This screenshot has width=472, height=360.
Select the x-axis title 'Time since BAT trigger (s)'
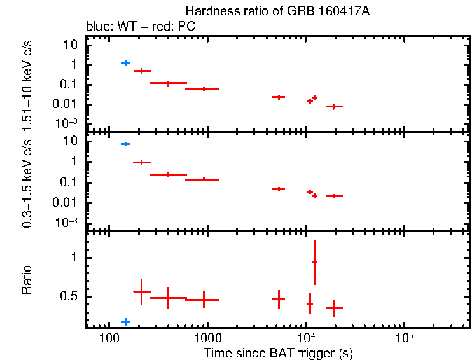278,352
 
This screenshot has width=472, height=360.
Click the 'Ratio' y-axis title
27,280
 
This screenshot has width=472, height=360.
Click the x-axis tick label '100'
109,337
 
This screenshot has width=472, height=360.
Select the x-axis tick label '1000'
207,337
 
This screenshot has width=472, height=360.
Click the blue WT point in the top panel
125,62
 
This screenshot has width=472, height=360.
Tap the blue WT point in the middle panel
125,144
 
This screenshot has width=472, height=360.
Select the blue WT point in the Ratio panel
125,322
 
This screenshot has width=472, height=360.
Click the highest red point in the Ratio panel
314,262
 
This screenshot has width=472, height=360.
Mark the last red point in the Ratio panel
334,308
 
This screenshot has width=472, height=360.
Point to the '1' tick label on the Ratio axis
74,258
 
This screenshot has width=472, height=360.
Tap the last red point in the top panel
334,106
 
